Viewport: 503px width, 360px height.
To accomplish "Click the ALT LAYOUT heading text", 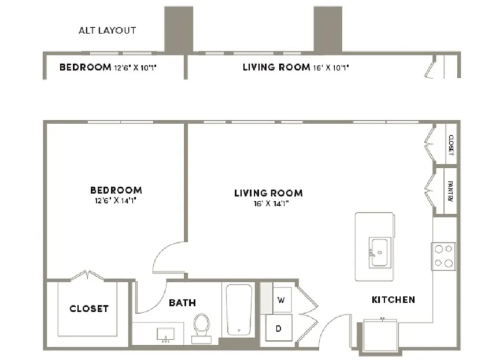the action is [107, 31].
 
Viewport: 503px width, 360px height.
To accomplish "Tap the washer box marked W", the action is [282, 300].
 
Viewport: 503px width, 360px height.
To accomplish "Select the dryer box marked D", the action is [279, 328].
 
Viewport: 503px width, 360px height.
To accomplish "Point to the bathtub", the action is [239, 310].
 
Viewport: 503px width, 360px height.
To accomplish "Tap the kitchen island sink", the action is [380, 253].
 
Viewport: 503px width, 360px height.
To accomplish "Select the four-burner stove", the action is [443, 256].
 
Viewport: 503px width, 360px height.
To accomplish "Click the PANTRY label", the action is [450, 191].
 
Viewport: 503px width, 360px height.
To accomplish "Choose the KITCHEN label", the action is [393, 300].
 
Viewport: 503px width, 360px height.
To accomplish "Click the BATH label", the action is [182, 303].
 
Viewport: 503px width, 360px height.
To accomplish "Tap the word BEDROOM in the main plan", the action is [116, 190].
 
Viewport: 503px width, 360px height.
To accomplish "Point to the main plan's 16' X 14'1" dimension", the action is [271, 203].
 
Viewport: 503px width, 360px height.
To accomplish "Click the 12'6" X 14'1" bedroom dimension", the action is [116, 201].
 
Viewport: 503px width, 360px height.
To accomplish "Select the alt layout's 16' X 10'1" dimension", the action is [331, 68].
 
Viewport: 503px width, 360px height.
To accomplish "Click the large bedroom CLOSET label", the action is [89, 309].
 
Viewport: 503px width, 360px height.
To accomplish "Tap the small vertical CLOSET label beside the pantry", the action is [451, 145].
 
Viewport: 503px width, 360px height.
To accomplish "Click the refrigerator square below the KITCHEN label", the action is [380, 336].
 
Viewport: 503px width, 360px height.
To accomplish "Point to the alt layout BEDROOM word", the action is [86, 67].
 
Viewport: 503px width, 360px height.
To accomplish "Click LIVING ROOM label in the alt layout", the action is [276, 67].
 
